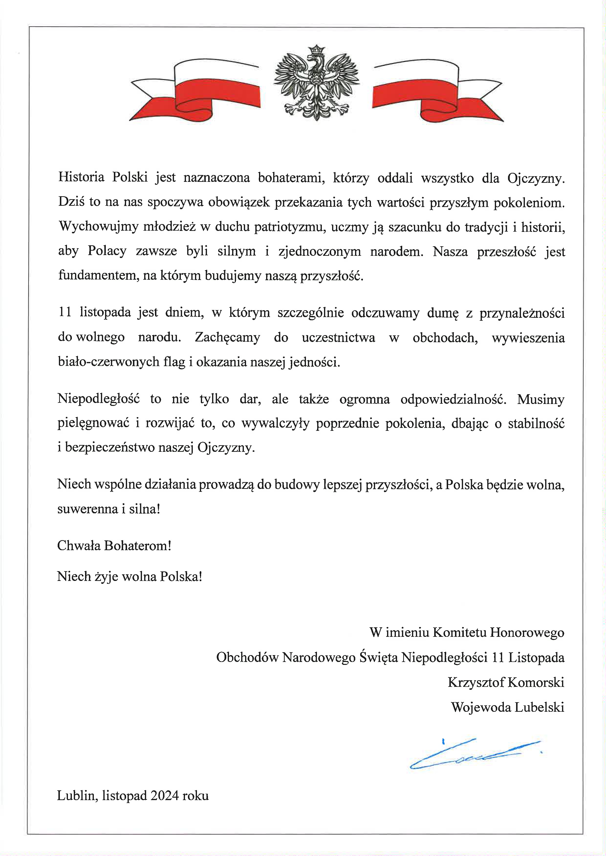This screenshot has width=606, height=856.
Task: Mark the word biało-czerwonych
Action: (108, 362)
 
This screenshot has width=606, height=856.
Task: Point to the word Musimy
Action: (540, 399)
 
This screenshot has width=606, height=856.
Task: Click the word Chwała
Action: (79, 546)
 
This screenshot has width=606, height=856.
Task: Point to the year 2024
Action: (164, 796)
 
